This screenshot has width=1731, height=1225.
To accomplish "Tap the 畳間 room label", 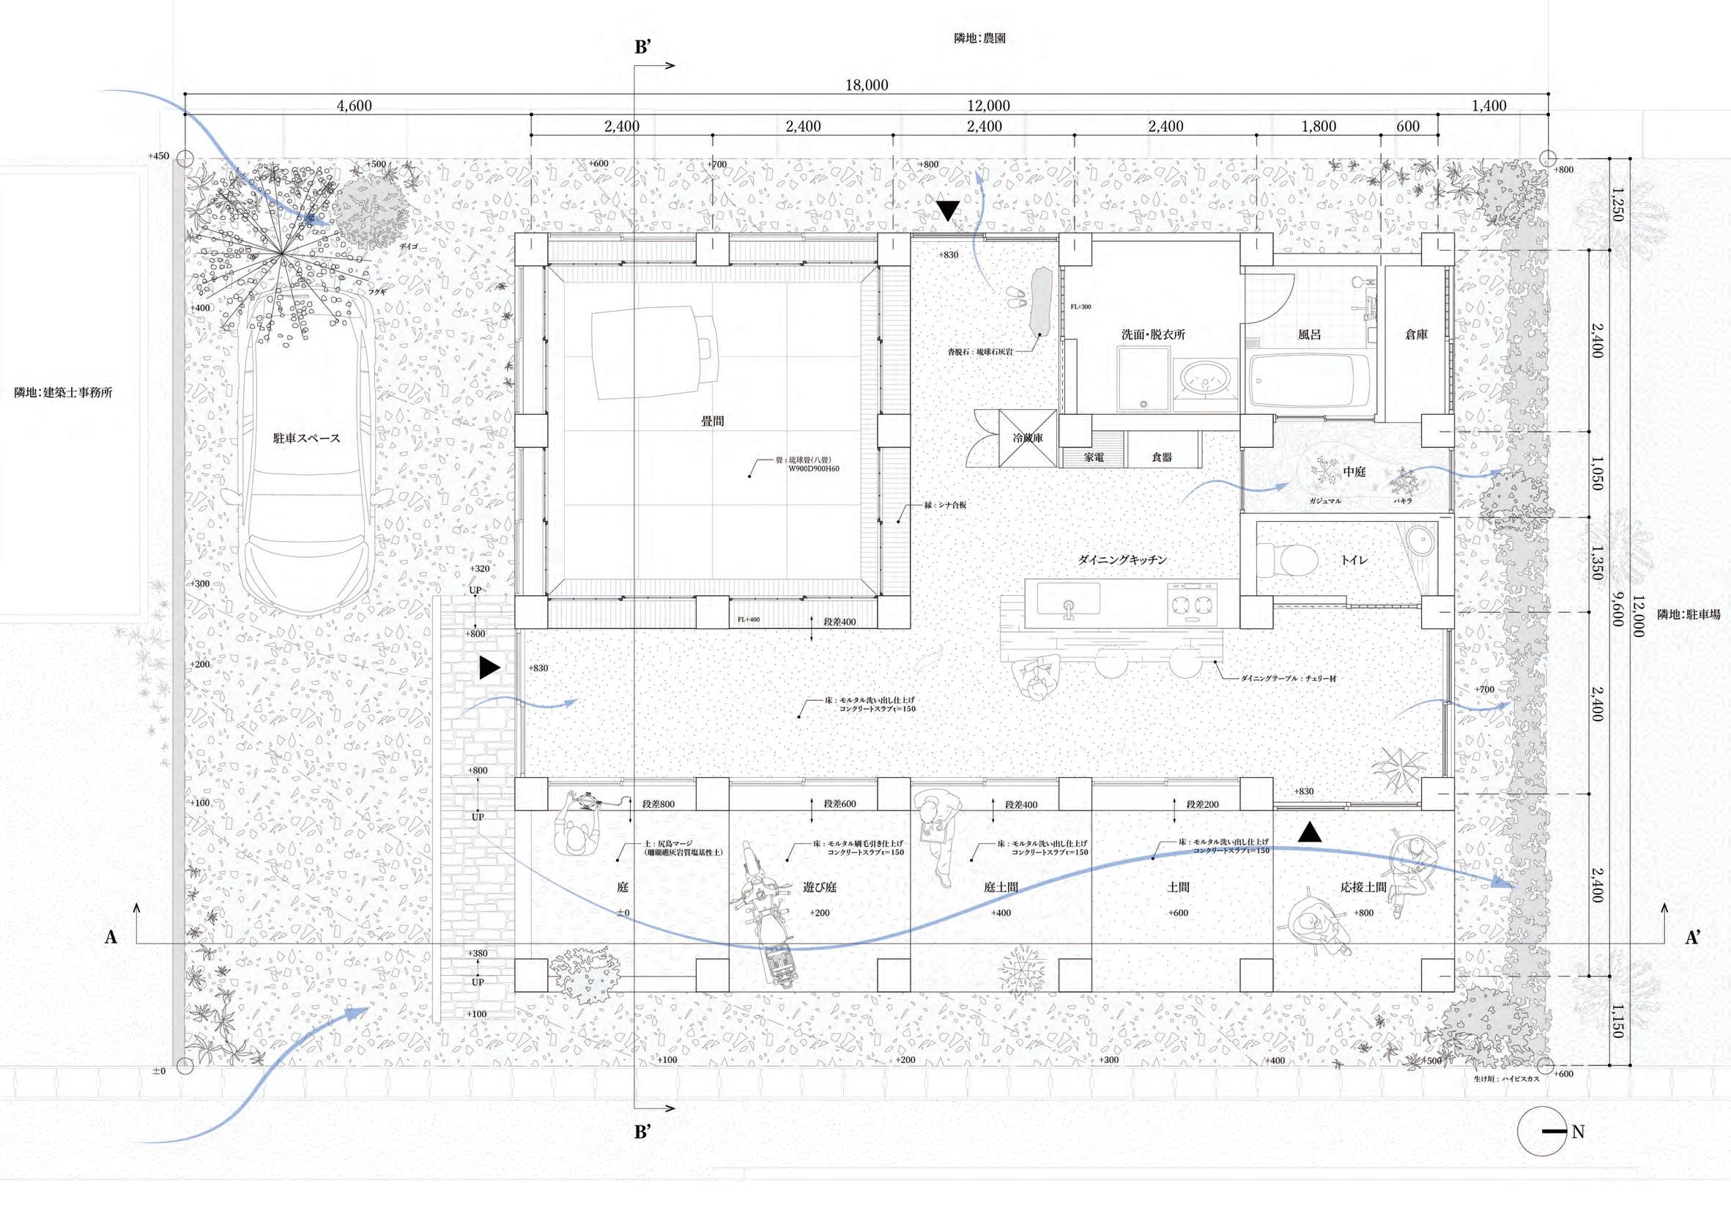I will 713,421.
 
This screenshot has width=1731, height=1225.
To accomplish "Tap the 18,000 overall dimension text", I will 867,85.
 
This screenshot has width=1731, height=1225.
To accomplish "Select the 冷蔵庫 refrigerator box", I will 1028,438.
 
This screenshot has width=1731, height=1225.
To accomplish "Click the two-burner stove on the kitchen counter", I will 1192,603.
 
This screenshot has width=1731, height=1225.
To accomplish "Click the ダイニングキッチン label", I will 1122,559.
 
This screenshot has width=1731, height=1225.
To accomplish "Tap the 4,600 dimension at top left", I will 355,106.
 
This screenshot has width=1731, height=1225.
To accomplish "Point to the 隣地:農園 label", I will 979,37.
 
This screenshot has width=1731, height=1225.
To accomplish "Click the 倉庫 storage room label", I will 1416,334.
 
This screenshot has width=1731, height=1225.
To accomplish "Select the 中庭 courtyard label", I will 1354,471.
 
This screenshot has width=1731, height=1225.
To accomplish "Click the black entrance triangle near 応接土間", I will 1311,832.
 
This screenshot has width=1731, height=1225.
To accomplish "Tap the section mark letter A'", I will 1693,938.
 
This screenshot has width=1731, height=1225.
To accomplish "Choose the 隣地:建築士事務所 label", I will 63,392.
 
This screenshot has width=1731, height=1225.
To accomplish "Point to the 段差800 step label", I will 658,804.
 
